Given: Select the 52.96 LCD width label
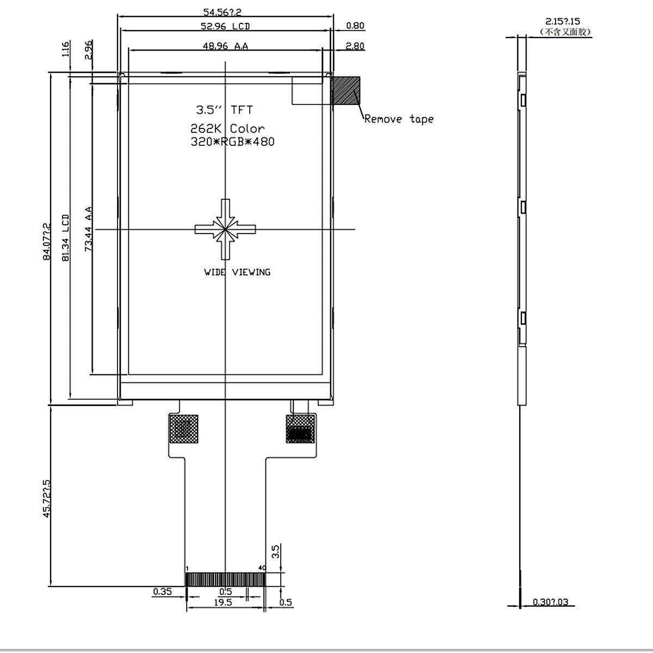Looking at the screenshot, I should pyautogui.click(x=225, y=26).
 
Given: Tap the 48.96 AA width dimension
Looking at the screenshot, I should pyautogui.click(x=225, y=46).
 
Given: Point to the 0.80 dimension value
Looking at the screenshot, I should pyautogui.click(x=355, y=26).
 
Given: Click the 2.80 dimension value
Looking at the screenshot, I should pyautogui.click(x=355, y=46).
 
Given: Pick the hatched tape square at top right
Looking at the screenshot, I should pyautogui.click(x=346, y=90).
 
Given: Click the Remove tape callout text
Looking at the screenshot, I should pyautogui.click(x=399, y=119).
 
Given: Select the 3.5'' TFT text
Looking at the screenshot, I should pyautogui.click(x=224, y=110).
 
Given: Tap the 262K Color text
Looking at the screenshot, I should pyautogui.click(x=227, y=129).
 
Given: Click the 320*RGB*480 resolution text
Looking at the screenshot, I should pyautogui.click(x=232, y=142).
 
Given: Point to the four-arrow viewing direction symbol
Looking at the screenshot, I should pyautogui.click(x=225, y=229).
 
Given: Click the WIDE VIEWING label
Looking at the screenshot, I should pyautogui.click(x=237, y=272).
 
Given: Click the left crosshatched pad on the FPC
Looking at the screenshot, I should pyautogui.click(x=184, y=429).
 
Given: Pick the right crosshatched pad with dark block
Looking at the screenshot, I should pyautogui.click(x=300, y=429).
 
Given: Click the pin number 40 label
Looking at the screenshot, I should pyautogui.click(x=262, y=568).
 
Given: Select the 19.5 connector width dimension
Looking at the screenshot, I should pyautogui.click(x=223, y=602).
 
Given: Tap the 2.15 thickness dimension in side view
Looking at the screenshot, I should pyautogui.click(x=563, y=22).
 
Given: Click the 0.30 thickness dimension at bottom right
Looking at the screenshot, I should pyautogui.click(x=550, y=602).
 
